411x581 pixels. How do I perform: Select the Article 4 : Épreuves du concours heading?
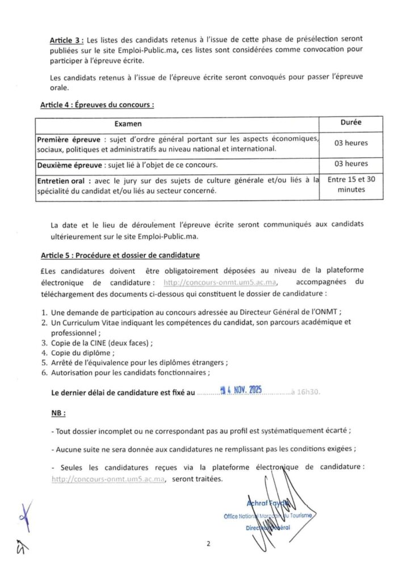(x=97, y=105)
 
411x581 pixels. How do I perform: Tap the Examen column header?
(x=128, y=123)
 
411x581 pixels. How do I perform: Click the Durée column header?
(x=351, y=122)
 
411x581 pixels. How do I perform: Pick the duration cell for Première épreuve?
(x=351, y=143)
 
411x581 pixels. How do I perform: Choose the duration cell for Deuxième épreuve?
(x=351, y=164)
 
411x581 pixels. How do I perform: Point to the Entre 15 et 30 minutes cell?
(x=351, y=185)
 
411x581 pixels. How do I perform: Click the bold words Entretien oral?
(x=64, y=180)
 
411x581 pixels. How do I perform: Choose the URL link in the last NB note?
(x=108, y=479)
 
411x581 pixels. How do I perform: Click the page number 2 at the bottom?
(x=208, y=544)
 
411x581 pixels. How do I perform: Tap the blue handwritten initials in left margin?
(x=24, y=513)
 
